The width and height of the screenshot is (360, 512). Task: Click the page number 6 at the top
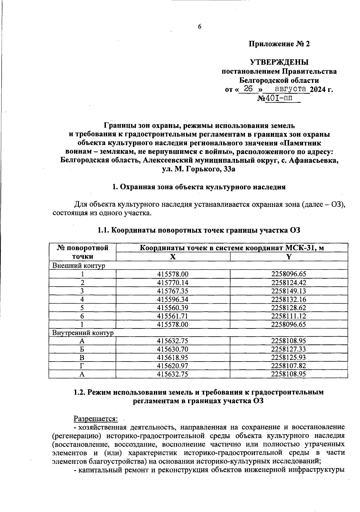(199, 26)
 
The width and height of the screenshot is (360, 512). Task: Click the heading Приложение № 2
(279, 44)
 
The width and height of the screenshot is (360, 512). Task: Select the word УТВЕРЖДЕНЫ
(279, 62)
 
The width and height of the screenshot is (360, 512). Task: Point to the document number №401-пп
(279, 98)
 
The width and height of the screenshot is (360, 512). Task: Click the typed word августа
(290, 89)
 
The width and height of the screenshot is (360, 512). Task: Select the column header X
(173, 256)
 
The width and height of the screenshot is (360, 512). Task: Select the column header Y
(289, 256)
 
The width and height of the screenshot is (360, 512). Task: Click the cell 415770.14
(173, 283)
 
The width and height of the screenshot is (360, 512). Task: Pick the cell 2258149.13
(289, 291)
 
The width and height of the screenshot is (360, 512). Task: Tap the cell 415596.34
(173, 299)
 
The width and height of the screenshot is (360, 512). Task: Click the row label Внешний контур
(79, 265)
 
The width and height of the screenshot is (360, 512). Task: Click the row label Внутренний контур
(83, 333)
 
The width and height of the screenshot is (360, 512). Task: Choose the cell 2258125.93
(289, 358)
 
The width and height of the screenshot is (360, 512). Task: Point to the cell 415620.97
(173, 366)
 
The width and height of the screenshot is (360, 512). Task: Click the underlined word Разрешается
(96, 418)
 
